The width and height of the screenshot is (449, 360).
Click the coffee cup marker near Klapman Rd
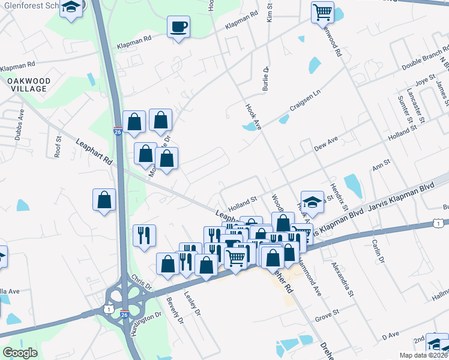[178, 27]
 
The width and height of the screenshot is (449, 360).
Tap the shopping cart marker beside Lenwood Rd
[322, 11]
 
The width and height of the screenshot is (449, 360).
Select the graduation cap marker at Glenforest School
[72, 8]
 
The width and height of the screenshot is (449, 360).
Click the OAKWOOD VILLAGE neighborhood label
[28, 84]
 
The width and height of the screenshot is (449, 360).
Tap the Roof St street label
[58, 146]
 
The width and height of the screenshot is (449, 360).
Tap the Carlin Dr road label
[377, 247]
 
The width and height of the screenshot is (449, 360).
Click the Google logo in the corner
[20, 353]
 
